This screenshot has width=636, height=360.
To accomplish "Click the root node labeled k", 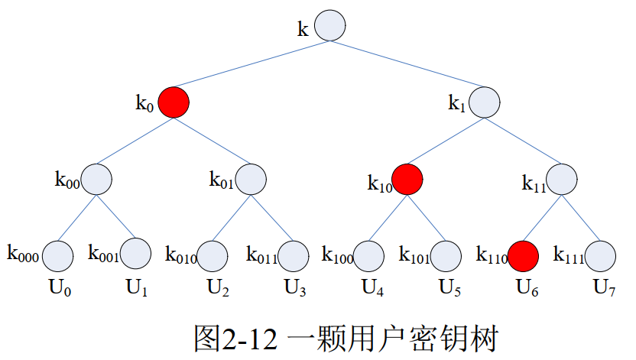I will [x=329, y=25].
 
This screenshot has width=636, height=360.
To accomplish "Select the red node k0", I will [x=174, y=102].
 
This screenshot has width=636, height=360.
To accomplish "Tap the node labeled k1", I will [x=485, y=102].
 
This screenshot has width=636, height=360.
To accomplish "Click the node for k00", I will [x=96, y=179].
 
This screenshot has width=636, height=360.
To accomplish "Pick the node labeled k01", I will [x=251, y=179].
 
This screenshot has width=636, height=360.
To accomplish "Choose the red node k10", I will [x=407, y=179].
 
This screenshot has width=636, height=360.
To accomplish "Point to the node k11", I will [x=562, y=179].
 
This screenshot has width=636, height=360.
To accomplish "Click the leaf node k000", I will [x=57, y=255].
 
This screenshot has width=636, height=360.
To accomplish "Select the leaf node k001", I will [x=136, y=255].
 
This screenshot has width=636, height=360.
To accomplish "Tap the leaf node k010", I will [x=213, y=255].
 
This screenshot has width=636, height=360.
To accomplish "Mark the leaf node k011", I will [x=291, y=255].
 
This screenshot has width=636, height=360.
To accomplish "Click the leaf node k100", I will [x=369, y=255].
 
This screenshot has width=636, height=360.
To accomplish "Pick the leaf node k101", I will [x=446, y=255].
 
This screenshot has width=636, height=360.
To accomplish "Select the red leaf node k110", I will [x=524, y=255].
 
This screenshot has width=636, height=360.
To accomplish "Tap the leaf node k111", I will [x=602, y=255].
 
